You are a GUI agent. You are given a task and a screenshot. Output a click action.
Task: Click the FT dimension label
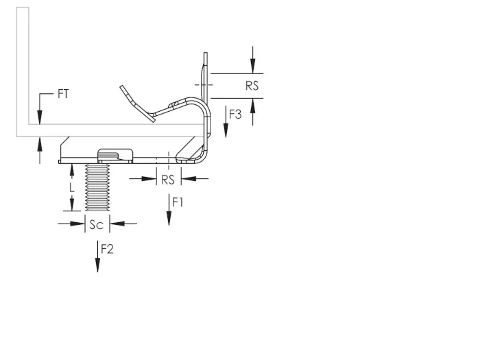63,93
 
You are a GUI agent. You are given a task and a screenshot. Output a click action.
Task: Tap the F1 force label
178,202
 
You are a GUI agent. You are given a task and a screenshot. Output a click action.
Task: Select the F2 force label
107,249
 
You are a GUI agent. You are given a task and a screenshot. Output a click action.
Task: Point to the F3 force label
235,115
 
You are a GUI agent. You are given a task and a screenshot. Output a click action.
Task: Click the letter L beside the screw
72,187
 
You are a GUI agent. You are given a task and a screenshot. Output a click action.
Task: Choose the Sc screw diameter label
96,224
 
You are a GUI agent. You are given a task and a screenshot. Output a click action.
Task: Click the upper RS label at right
252,86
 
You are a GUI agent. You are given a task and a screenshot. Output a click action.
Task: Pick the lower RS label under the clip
167,180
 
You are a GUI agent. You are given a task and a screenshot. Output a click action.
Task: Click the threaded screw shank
97,187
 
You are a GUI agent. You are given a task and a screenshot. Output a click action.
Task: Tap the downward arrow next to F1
169,210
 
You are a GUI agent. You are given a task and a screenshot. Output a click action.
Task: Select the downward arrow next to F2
97,256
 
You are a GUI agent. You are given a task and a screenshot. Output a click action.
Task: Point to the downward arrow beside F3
226,122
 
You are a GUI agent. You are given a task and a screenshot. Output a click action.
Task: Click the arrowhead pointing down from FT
40,117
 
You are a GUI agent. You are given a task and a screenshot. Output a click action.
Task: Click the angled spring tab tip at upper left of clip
123,88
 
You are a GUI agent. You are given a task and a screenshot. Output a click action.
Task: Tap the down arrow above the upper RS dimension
253,60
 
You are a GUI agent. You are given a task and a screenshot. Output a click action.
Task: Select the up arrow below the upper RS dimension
253,112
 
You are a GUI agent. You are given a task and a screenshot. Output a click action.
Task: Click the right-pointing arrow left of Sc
71,224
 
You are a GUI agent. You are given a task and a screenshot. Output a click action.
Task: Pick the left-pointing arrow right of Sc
123,224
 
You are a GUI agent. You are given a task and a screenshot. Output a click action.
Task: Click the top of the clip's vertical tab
206,53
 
